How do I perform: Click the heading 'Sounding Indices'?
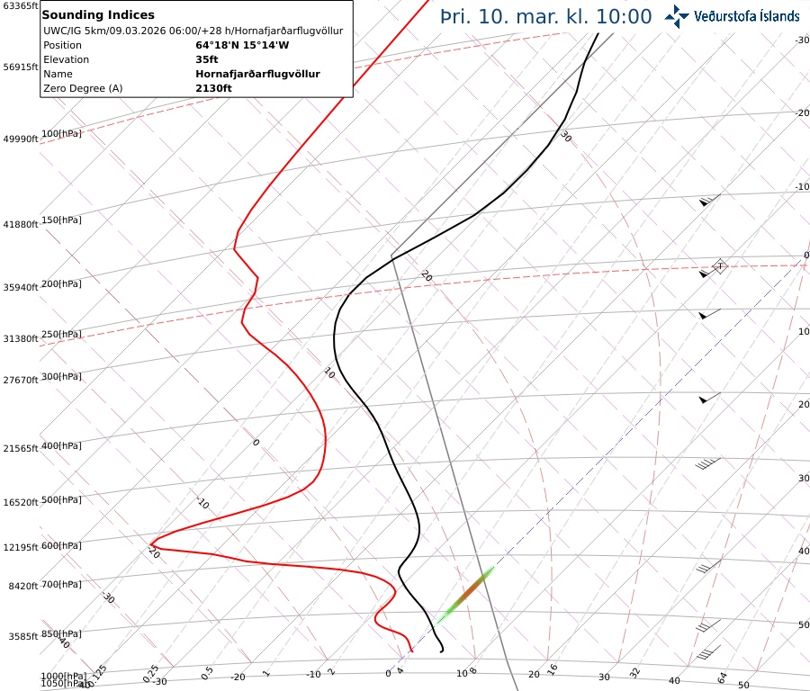[x=98, y=14]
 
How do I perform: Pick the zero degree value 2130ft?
[x=213, y=88]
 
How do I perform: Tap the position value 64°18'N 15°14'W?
[x=242, y=45]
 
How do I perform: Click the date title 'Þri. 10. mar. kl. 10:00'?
[x=545, y=16]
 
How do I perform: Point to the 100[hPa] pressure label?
[x=61, y=133]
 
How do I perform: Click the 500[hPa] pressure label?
[x=61, y=499]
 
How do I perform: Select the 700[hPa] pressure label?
[x=61, y=585]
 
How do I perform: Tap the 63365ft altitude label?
[x=20, y=6]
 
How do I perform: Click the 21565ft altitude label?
[x=20, y=448]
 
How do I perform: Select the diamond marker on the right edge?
[x=718, y=266]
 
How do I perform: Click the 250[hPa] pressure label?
[x=61, y=334]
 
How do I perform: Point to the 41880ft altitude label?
[x=20, y=224]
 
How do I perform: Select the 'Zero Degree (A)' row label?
[x=83, y=88]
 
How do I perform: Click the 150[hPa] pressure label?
[x=61, y=220]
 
